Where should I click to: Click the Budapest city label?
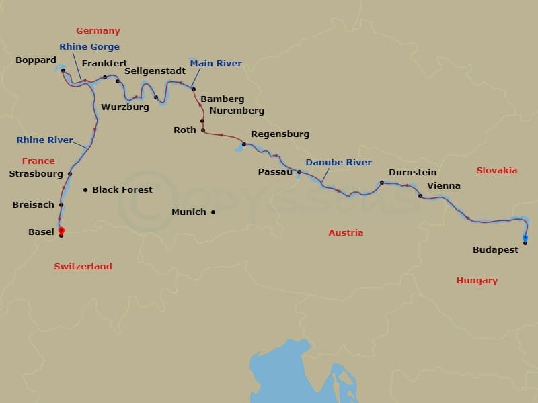tap(495, 249)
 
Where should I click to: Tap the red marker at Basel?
tap(61, 230)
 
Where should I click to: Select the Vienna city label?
tap(444, 185)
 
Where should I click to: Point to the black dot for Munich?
tap(213, 212)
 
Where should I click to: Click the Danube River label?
tap(338, 163)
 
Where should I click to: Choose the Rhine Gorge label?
tap(89, 47)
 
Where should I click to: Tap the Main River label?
tap(216, 64)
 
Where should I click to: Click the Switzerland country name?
tap(83, 267)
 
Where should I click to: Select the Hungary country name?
tap(476, 281)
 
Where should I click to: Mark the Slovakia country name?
tap(496, 171)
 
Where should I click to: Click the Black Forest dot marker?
tap(85, 190)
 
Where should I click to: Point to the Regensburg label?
tap(280, 134)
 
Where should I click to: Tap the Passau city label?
tap(275, 172)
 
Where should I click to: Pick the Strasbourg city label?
tap(36, 173)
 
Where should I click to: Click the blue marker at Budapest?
tap(525, 238)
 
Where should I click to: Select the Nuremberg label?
tap(237, 111)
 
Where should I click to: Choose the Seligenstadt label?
tap(155, 71)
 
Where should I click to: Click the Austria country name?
tap(346, 233)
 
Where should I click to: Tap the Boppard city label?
tap(36, 60)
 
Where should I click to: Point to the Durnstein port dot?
tap(381, 183)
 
